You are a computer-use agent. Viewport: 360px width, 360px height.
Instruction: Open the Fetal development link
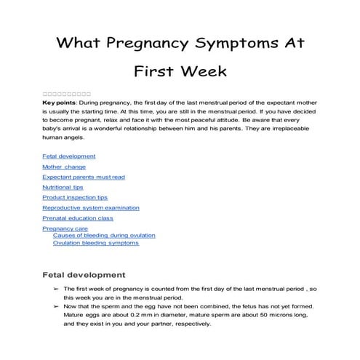[68, 156]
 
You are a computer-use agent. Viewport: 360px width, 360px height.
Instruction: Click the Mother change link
[64, 167]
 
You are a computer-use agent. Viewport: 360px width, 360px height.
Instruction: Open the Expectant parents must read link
[84, 177]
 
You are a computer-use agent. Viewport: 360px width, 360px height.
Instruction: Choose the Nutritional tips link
[63, 187]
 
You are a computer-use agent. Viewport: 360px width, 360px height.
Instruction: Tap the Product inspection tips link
[76, 197]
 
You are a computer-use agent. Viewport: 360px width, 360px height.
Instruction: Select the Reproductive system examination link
[91, 207]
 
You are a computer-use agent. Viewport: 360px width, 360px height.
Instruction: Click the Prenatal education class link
[78, 217]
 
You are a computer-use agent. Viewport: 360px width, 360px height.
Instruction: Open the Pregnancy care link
[65, 228]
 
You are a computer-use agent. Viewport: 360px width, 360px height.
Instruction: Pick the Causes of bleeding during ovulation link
[104, 236]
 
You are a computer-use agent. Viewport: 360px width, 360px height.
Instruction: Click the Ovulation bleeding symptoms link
[95, 243]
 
